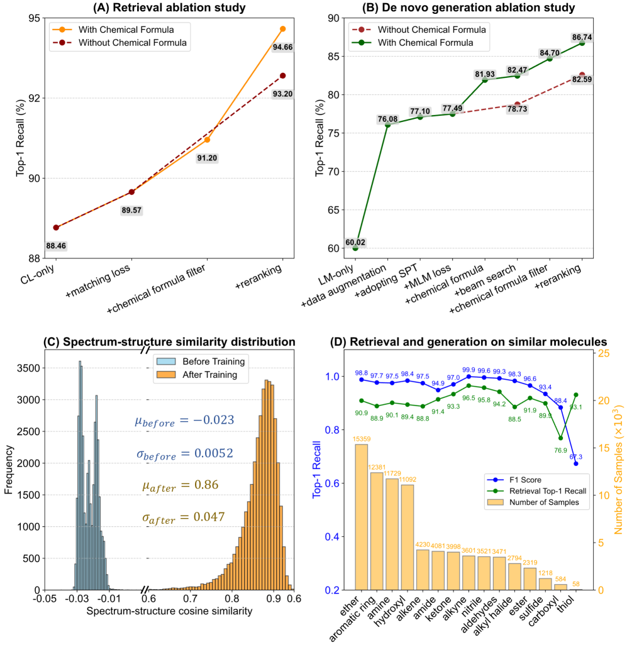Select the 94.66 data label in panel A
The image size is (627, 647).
(x=283, y=45)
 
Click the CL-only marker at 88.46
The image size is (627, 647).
(x=56, y=227)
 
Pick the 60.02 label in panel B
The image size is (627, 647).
(x=355, y=242)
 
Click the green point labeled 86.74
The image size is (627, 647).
(x=581, y=43)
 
